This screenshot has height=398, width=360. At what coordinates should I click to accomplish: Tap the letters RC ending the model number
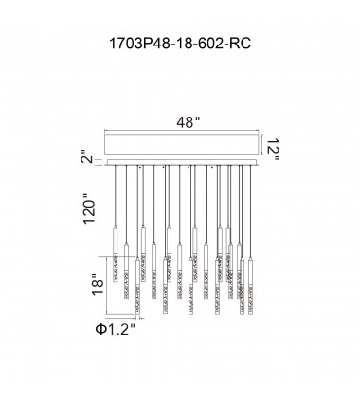(240, 44)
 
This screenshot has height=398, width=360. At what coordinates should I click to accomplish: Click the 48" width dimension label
(189, 122)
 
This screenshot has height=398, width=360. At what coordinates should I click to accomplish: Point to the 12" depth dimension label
(272, 150)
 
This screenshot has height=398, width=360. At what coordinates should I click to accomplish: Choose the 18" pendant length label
(98, 283)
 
